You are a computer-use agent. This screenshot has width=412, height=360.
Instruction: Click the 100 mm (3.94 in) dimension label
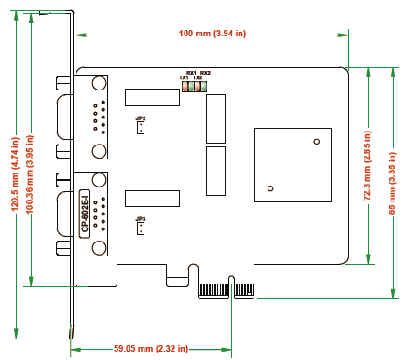pyautogui.click(x=213, y=34)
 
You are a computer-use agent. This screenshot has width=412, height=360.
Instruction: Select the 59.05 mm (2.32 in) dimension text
pyautogui.click(x=151, y=349)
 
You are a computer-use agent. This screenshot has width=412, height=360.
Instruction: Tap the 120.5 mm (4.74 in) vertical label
pyautogui.click(x=15, y=174)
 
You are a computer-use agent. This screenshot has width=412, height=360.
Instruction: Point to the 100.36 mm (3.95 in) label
pyautogui.click(x=30, y=174)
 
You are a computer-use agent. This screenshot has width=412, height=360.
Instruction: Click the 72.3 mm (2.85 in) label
pyautogui.click(x=367, y=165)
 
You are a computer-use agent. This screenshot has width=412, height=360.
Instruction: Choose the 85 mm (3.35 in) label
pyautogui.click(x=392, y=183)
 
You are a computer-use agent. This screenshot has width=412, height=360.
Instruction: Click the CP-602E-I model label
pyautogui.click(x=85, y=214)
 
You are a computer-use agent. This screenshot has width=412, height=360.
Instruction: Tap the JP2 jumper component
pyautogui.click(x=141, y=128)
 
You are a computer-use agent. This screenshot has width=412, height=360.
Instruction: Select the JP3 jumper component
pyautogui.click(x=141, y=228)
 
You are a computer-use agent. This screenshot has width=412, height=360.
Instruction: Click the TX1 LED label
pyautogui.click(x=184, y=77)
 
